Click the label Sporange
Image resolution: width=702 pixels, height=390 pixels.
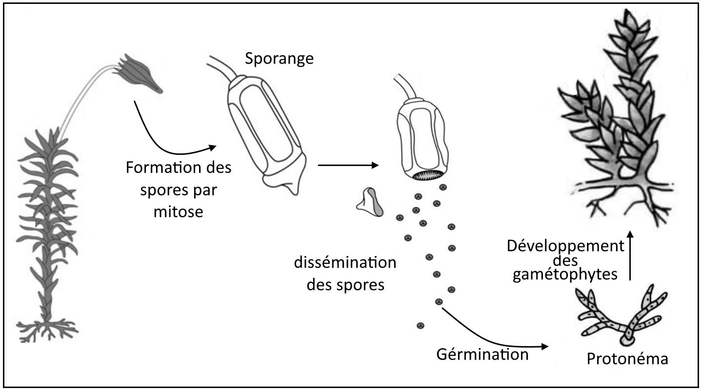[x=279, y=59]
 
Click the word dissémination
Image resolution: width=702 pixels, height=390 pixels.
[x=345, y=263]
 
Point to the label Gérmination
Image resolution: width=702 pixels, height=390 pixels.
[x=482, y=354]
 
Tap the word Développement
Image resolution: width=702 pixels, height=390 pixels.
[x=565, y=245]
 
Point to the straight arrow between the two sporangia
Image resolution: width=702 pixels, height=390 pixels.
[x=348, y=166]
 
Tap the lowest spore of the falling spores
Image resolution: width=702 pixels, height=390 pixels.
[x=420, y=325]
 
